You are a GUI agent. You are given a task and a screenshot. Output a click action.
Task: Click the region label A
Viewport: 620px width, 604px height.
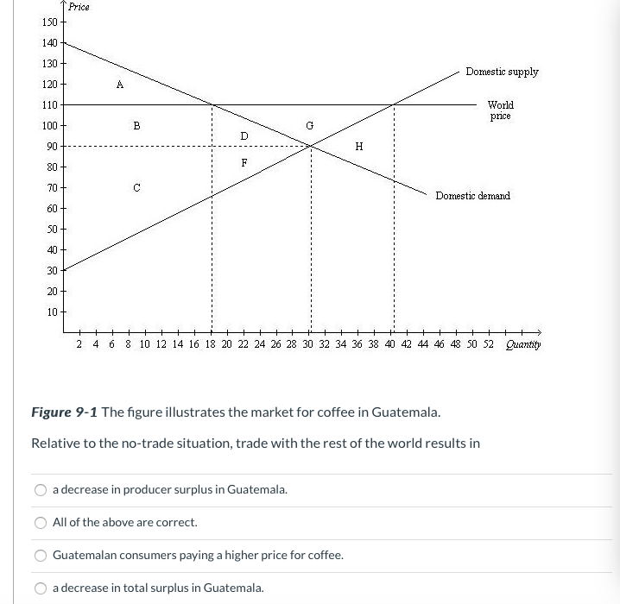click(x=120, y=85)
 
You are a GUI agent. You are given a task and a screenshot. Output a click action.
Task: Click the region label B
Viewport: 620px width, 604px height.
click(x=136, y=125)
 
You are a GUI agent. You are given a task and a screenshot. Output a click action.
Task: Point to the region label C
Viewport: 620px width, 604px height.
click(x=136, y=187)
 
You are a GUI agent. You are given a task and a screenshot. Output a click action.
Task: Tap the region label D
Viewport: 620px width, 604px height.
click(x=244, y=135)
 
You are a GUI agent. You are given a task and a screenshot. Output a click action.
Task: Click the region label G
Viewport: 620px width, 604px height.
click(x=309, y=126)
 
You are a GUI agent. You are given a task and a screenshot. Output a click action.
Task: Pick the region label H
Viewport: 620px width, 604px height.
click(x=358, y=147)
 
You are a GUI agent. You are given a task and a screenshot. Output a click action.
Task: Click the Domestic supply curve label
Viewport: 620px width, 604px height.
click(x=502, y=72)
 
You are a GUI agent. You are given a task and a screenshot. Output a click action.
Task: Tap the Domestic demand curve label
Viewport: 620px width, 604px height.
click(x=472, y=196)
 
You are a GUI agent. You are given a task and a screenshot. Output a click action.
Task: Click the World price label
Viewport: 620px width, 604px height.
click(x=500, y=110)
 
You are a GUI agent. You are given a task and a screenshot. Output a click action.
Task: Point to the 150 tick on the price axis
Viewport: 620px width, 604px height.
click(x=49, y=22)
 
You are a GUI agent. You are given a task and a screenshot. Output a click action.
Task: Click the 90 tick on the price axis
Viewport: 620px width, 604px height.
click(x=52, y=146)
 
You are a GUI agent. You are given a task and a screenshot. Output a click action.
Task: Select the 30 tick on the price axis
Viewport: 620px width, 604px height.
click(x=52, y=270)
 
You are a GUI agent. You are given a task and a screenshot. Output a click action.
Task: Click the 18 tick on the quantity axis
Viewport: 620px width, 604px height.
click(x=210, y=344)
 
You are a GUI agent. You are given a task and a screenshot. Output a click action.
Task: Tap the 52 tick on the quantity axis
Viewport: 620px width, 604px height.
click(x=489, y=344)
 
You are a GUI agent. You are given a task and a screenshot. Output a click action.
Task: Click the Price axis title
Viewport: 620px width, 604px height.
click(x=79, y=7)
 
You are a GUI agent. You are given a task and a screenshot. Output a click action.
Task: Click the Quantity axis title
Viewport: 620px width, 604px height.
click(x=523, y=345)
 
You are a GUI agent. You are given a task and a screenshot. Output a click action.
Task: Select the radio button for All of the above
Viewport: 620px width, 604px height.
click(x=41, y=523)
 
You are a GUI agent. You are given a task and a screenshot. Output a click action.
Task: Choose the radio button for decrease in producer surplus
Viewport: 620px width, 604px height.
click(x=41, y=490)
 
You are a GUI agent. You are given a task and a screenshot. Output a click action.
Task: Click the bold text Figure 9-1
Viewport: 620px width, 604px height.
click(x=65, y=412)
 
